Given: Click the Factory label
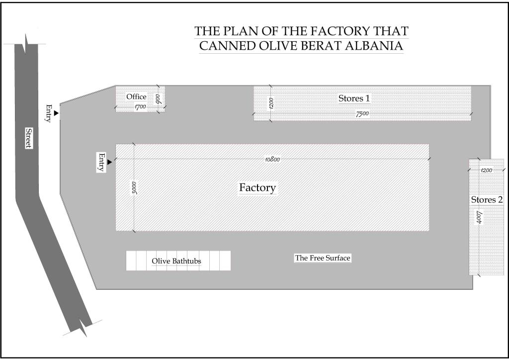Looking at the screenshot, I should coord(257,188).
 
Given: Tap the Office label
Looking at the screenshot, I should coord(136,96).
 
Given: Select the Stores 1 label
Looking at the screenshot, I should coord(354,98).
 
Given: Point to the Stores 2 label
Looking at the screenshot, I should coord(487,200).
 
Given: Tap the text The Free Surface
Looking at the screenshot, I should coord(323,258).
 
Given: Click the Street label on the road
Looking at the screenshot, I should coord(28,138).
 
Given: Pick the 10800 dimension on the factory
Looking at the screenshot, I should coord(273,159).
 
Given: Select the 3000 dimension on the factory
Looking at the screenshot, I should coord(134,187).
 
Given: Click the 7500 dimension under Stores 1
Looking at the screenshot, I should coord(362,114).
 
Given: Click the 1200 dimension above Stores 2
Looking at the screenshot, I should coord(486,171).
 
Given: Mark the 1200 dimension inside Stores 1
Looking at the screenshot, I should coord(271,103).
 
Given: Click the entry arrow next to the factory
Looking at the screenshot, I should coord(109,162).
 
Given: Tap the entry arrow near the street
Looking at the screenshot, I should coord(56,114).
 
